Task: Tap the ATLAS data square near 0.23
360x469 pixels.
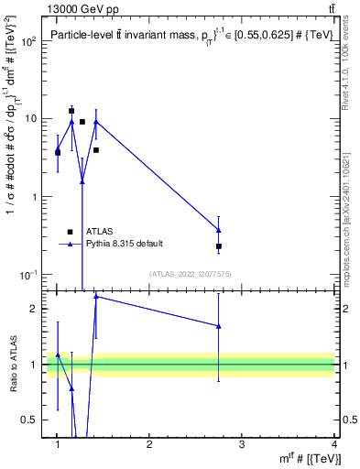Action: coord(219,246)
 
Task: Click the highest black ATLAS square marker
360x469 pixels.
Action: coord(71,111)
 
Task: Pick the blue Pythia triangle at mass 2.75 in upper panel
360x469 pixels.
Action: coord(219,230)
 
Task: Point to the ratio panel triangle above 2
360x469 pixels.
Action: coord(96,296)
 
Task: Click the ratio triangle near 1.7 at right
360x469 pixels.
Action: coord(219,325)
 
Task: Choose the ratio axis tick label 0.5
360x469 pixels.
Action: coord(34,420)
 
